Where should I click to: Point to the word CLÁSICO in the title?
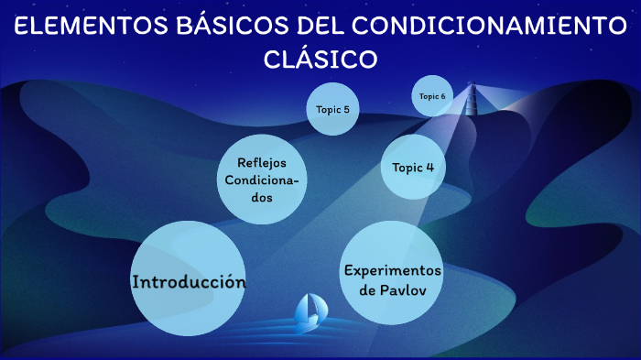[320, 59]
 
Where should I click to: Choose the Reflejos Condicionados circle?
[262, 179]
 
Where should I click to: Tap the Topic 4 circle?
[413, 168]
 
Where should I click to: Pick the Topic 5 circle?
[331, 109]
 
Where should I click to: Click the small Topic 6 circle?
[432, 96]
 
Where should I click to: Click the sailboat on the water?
[308, 314]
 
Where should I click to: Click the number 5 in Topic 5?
[345, 109]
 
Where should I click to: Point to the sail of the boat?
[310, 307]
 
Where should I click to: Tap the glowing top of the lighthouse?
[473, 90]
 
